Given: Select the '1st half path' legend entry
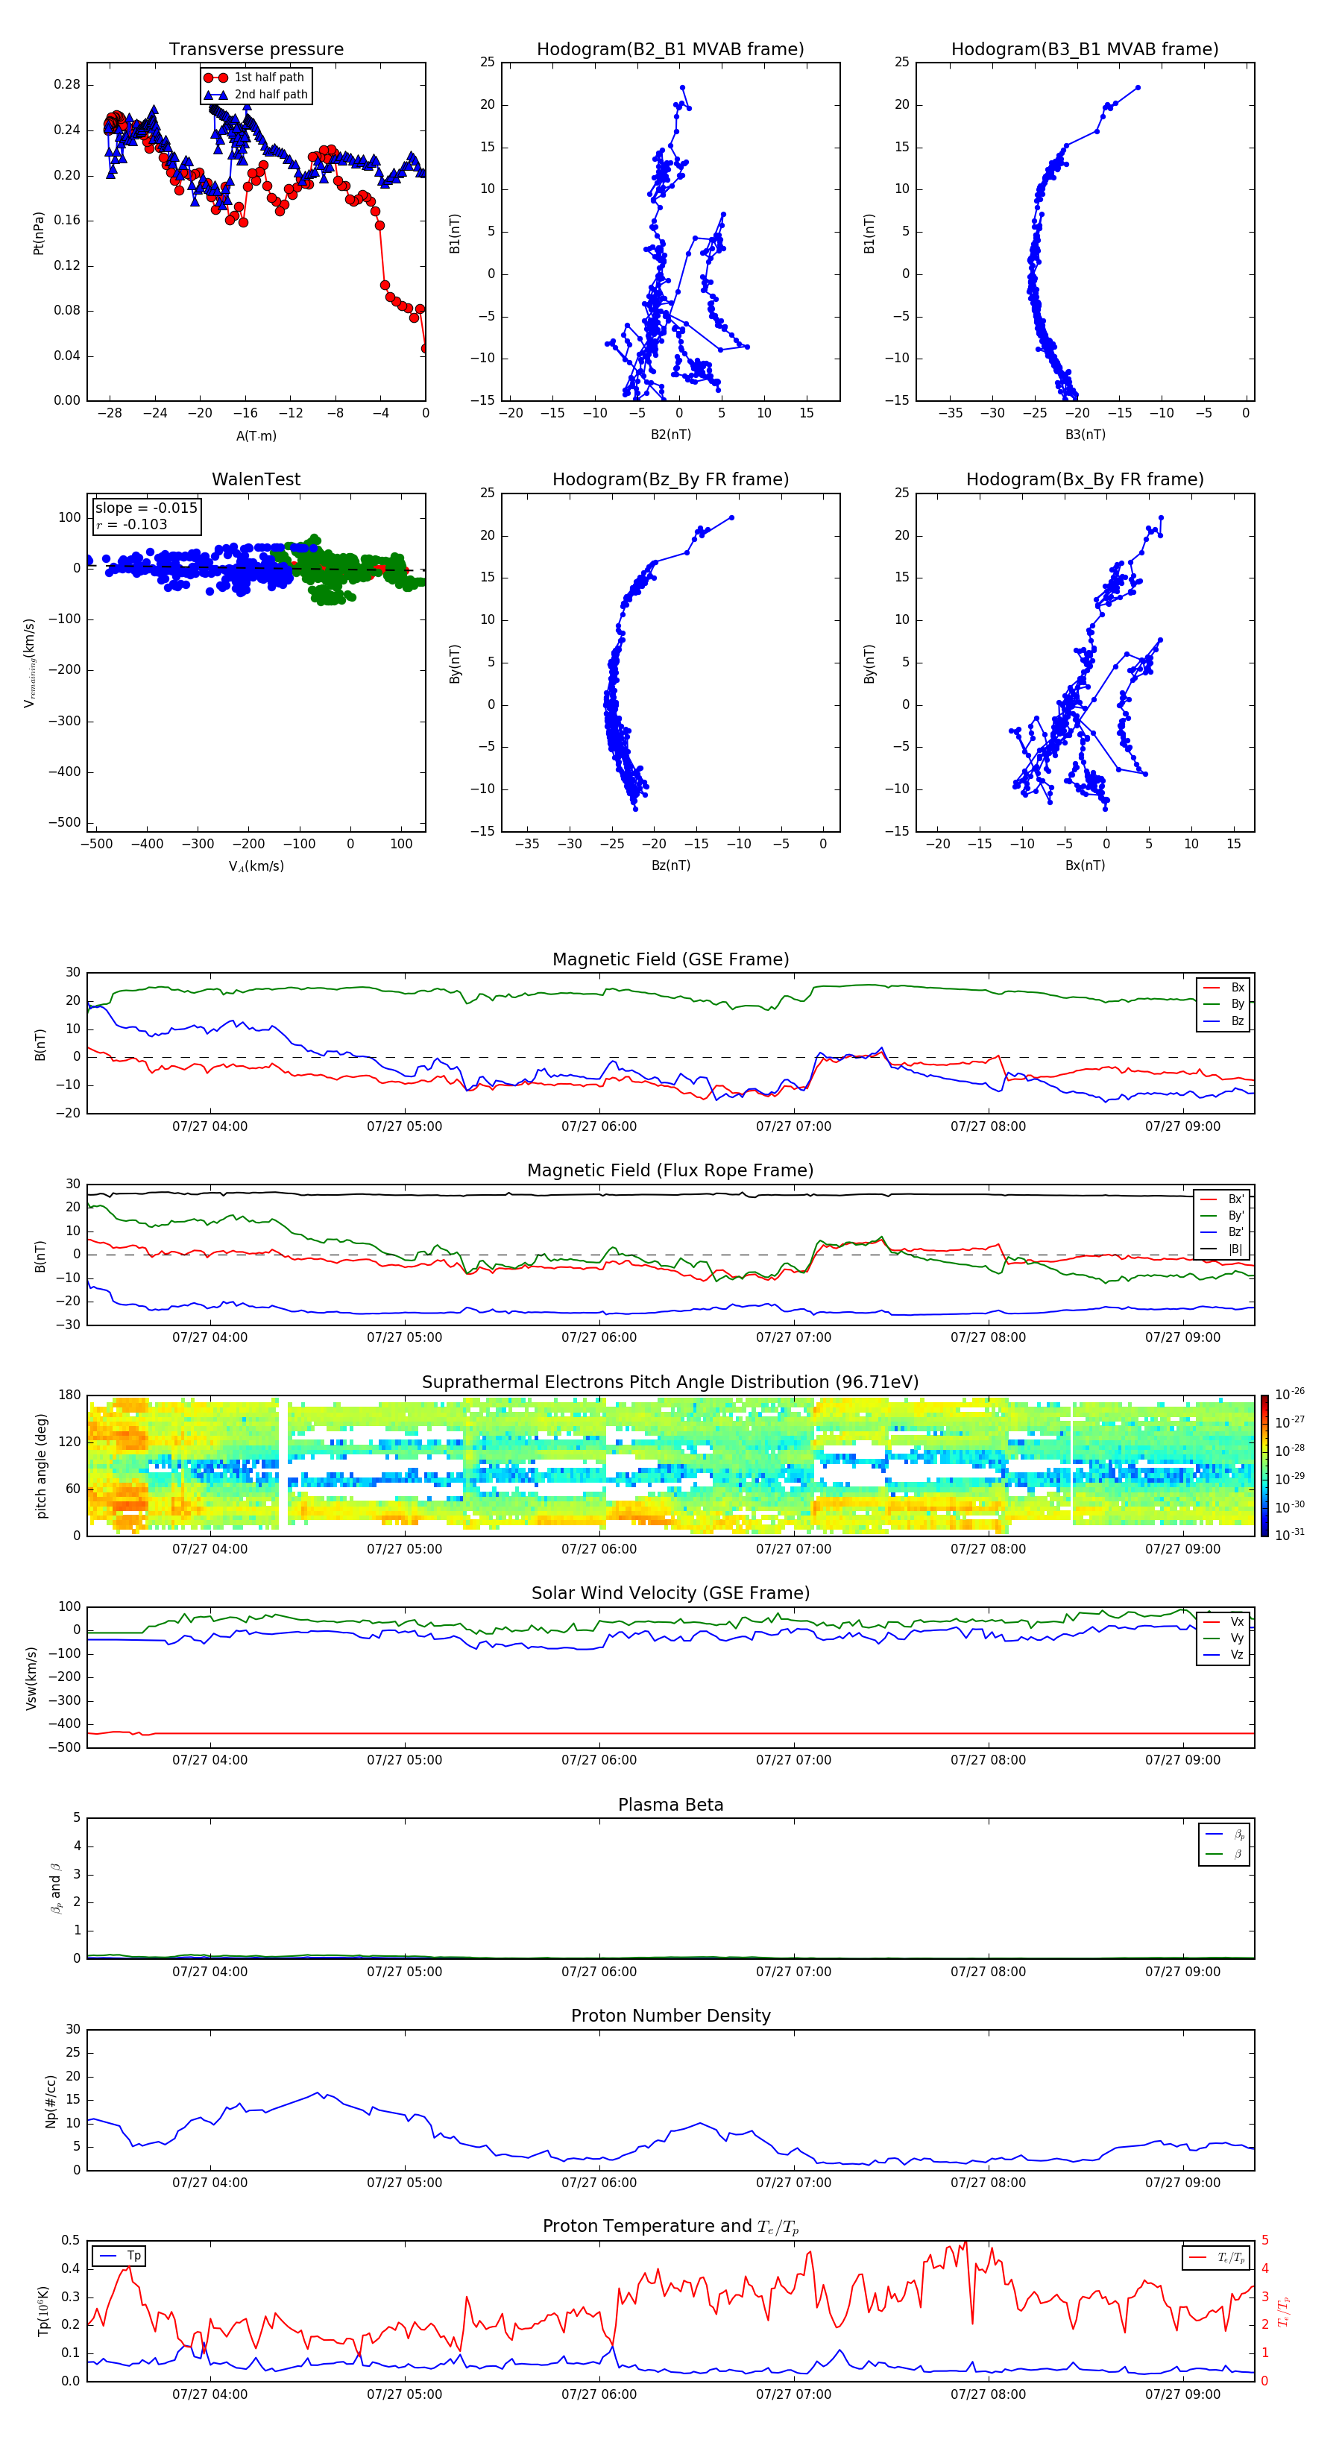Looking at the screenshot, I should click(268, 78).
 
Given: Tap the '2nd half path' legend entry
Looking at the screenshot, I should click(271, 95).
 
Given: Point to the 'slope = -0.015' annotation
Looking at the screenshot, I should click(146, 508).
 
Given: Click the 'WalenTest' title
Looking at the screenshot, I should click(256, 479).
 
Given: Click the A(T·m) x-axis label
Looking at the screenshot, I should click(256, 436).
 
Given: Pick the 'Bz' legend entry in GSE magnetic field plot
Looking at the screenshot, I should click(1237, 1021).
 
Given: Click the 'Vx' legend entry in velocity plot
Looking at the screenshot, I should click(1237, 1621).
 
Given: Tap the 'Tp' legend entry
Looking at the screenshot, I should click(133, 2256).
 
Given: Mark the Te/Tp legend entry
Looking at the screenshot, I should click(1230, 2257).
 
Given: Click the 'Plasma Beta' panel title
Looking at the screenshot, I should click(670, 1805).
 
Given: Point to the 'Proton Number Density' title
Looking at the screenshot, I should click(670, 2016).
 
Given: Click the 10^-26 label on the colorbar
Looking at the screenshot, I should click(1290, 1394).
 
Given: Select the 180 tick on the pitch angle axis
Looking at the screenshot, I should click(70, 1395).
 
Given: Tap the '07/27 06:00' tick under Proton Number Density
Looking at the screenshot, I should click(599, 2182).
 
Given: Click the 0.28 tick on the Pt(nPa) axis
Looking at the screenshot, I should click(67, 84).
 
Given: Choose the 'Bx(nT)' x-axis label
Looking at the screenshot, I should click(1084, 865).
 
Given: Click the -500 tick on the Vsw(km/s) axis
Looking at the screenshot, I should click(67, 1747).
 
